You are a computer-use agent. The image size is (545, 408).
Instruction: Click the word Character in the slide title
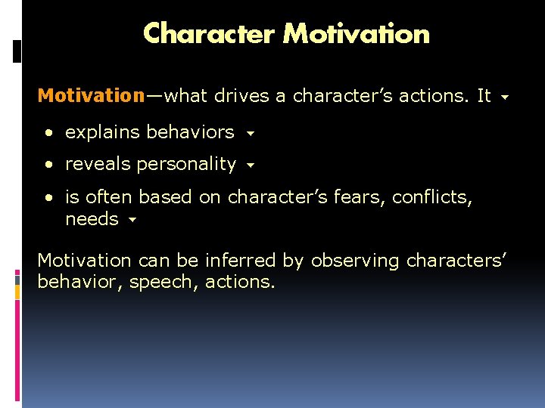click(x=210, y=33)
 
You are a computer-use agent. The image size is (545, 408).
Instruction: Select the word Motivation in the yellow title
click(x=356, y=33)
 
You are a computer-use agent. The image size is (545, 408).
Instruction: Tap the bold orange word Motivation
click(x=91, y=96)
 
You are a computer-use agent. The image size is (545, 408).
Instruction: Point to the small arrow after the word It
click(x=505, y=98)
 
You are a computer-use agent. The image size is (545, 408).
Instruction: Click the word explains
click(x=103, y=132)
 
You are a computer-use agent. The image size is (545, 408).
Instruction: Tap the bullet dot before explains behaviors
click(x=48, y=133)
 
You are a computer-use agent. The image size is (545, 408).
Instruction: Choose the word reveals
click(x=97, y=164)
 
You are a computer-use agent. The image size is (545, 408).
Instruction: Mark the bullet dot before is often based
click(x=48, y=198)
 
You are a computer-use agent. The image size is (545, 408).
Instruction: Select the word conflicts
click(x=428, y=197)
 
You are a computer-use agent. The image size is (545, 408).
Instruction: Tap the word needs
click(x=92, y=219)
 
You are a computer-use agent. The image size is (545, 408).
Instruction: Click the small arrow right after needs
click(x=132, y=221)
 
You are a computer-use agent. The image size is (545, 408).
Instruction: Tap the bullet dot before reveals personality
click(x=48, y=165)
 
